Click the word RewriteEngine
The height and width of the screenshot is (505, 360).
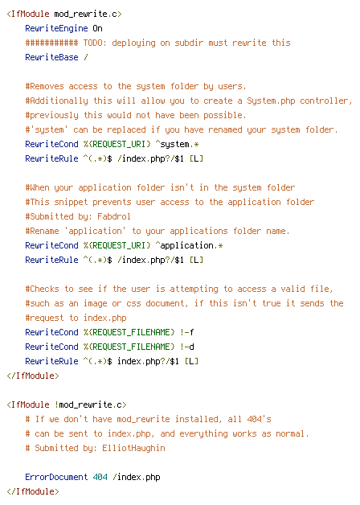56,29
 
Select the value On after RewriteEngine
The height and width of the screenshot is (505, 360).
97,29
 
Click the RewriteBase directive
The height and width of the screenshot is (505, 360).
51,57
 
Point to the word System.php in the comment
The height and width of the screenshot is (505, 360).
271,101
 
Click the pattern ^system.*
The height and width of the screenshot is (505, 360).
177,144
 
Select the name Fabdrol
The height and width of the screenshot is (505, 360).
114,216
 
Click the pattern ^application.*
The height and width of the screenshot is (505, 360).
189,246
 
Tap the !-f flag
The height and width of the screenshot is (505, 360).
187,332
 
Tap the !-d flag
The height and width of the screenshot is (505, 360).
187,347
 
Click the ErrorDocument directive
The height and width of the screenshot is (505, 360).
56,477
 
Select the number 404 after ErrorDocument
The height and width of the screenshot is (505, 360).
100,477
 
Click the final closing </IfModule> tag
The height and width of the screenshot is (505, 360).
33,492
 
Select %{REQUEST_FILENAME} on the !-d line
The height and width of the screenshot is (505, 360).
129,347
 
